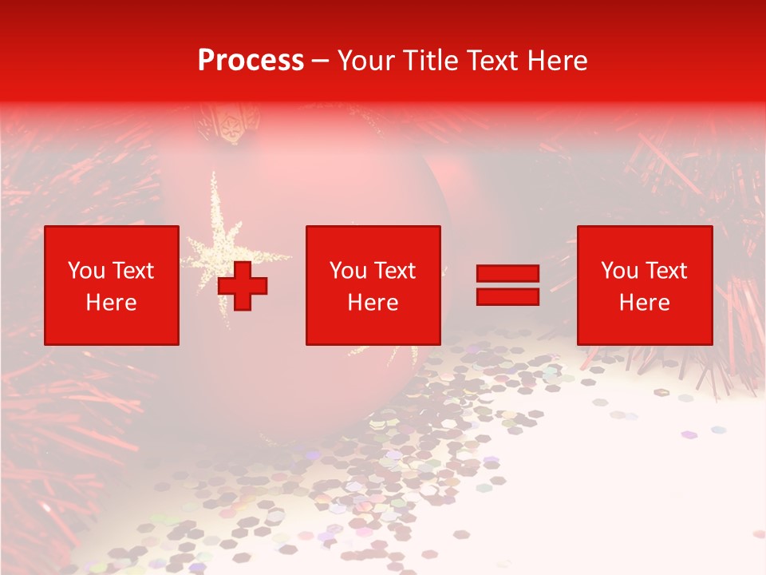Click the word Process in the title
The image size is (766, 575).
[x=251, y=61]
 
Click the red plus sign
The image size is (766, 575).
[x=243, y=286]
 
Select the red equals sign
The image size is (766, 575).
[x=507, y=285]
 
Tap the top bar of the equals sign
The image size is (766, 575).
[x=507, y=274]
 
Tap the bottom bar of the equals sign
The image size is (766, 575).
[x=507, y=296]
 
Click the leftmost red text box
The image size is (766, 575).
[x=112, y=285]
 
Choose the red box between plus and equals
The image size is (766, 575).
[x=373, y=285]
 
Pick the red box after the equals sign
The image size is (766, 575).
[x=644, y=285]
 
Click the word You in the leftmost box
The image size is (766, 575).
[x=85, y=271]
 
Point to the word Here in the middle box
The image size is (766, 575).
[x=373, y=303]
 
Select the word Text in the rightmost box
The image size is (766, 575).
[x=665, y=271]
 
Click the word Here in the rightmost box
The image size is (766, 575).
[x=644, y=303]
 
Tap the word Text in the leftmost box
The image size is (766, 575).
[x=132, y=271]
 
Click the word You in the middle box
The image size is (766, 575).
[x=347, y=271]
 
